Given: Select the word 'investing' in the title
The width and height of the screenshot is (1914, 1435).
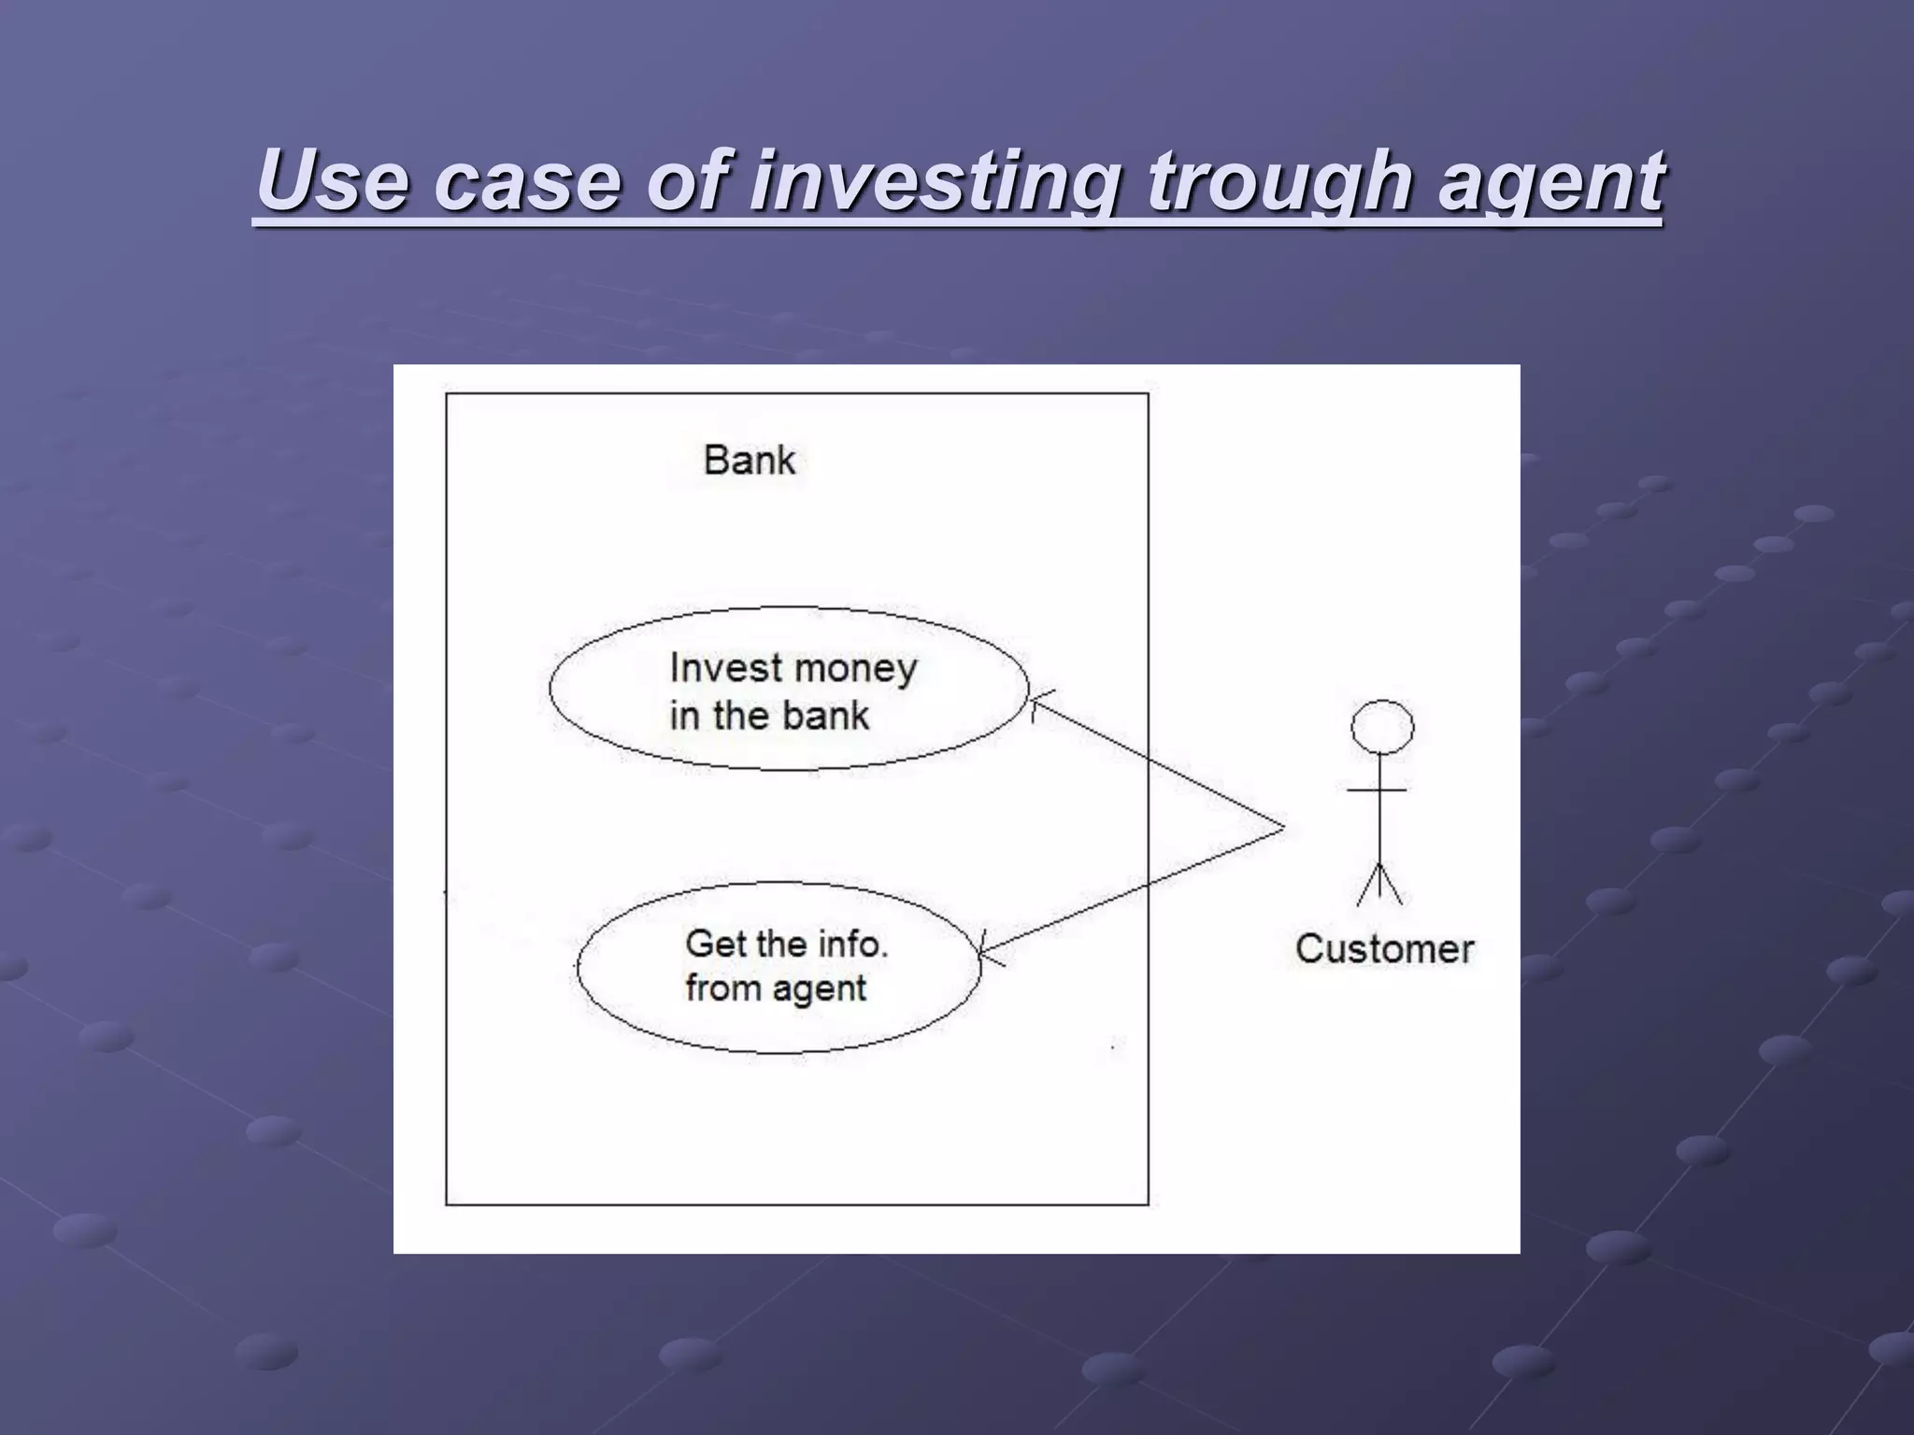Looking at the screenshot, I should pos(935,181).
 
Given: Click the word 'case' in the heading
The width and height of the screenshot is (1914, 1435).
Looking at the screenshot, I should pos(528,181).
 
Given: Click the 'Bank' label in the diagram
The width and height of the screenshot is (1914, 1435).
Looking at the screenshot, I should pos(749,461).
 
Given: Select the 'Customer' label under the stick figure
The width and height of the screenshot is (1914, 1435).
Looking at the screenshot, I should pos(1384,949).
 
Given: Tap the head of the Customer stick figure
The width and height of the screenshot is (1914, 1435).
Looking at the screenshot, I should pos(1382,727).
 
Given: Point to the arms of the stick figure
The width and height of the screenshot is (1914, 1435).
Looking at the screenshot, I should pos(1378,790).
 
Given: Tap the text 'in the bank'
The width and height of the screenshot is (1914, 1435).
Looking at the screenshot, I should pos(769,717).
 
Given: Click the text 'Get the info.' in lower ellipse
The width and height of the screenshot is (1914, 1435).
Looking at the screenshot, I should pos(786,944).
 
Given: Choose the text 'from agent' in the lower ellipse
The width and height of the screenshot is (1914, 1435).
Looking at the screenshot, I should pos(776,988).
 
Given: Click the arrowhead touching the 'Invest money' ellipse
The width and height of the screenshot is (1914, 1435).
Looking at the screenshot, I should pos(1036,703).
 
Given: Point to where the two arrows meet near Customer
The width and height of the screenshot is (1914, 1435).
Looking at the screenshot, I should pos(1282,828).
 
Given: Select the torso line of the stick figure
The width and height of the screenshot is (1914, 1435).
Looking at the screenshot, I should pos(1379,813).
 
